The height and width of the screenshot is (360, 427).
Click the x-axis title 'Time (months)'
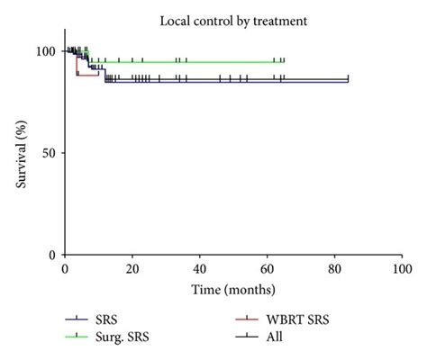[x=232, y=289]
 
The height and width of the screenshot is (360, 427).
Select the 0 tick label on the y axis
[x=53, y=255]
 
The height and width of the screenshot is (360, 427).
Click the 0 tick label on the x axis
[x=64, y=269]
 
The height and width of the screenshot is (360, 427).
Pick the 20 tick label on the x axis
[x=132, y=269]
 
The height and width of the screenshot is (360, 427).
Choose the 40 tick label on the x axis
[x=199, y=269]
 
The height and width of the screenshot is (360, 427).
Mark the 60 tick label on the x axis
[x=267, y=269]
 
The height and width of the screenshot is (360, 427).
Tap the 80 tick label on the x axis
[x=334, y=269]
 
